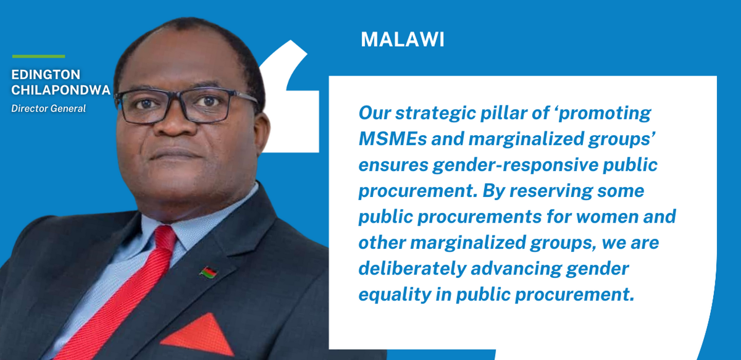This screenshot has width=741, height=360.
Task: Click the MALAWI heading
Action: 402,39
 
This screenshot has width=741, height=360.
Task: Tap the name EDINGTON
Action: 46,75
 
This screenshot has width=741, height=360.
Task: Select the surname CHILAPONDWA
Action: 61,90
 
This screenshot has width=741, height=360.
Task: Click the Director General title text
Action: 48,109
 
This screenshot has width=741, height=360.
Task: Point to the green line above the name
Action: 39,57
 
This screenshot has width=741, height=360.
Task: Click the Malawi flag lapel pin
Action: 208,273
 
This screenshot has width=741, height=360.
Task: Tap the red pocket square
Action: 199,335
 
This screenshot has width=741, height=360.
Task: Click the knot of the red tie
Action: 165,239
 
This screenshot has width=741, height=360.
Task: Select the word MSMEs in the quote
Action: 393,139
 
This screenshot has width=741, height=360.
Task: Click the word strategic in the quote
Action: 435,114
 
